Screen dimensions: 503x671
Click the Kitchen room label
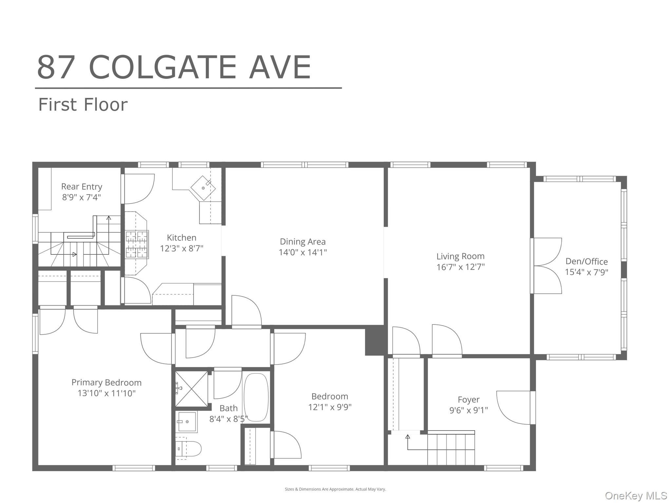click(182, 238)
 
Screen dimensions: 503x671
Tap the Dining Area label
click(302, 242)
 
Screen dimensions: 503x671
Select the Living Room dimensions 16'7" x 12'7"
click(460, 267)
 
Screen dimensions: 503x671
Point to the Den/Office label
click(586, 261)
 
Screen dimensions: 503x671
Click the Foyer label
click(469, 400)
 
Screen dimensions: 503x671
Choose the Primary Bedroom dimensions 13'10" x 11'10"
click(106, 393)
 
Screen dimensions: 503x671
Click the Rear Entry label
click(82, 187)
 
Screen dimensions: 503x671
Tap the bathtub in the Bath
click(256, 397)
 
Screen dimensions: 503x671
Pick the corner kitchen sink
click(203, 188)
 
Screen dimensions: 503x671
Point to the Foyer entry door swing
click(514, 407)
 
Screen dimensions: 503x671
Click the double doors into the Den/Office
click(547, 266)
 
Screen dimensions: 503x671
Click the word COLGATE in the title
click(162, 68)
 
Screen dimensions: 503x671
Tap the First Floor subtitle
click(83, 105)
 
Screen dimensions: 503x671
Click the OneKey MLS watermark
click(636, 496)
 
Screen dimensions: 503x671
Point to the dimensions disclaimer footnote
click(335, 489)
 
